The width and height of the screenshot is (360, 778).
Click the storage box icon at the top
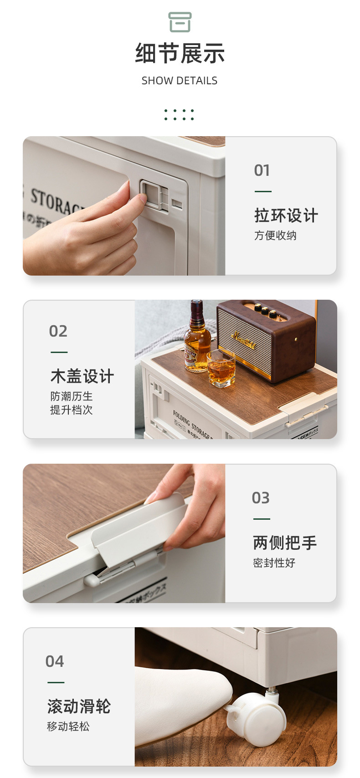180,22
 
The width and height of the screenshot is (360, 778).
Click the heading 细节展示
180,54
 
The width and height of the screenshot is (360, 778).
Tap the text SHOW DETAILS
180,81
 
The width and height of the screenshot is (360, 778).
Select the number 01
262,170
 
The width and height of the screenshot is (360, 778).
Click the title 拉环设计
286,215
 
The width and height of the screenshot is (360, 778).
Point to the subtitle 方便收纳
275,235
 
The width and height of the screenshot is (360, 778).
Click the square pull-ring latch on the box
152,194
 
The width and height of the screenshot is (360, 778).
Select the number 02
58,331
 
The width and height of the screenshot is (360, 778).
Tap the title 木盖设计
82,376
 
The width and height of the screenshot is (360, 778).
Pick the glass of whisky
221,369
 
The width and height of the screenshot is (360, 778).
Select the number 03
261,498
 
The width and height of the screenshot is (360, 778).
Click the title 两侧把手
285,543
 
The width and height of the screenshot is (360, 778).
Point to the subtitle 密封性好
274,563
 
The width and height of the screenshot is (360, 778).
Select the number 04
55,661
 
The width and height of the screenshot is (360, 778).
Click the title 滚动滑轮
79,706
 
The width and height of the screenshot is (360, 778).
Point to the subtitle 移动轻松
68,727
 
